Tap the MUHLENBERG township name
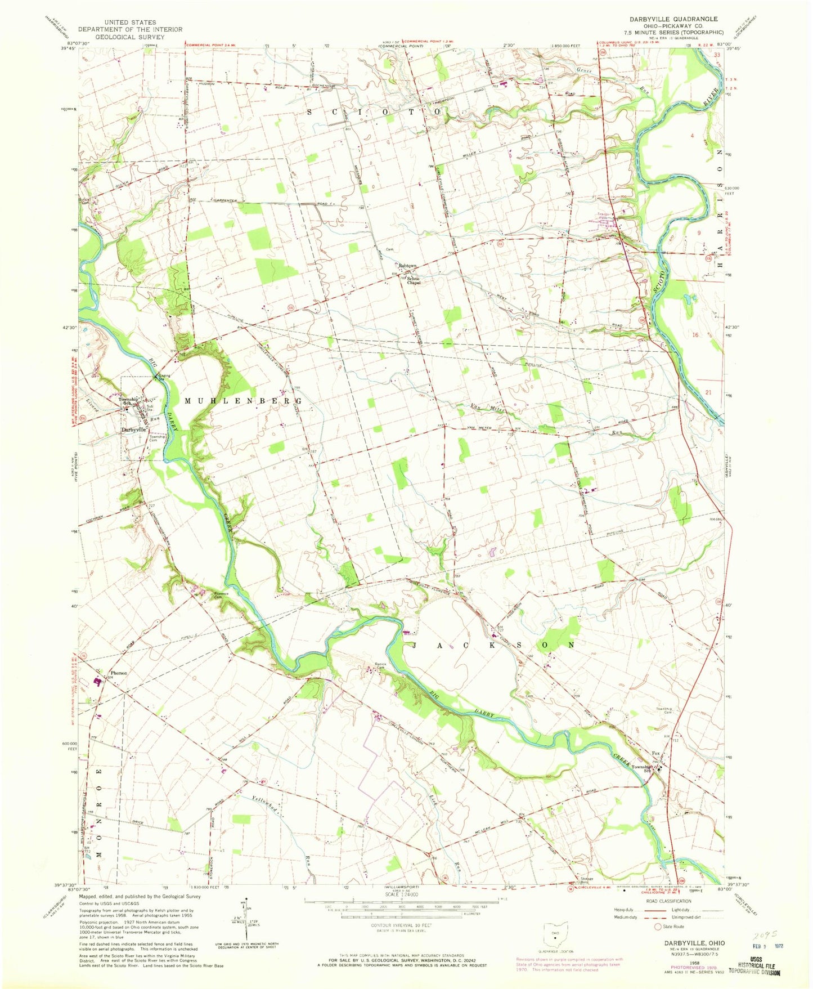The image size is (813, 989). pyautogui.click(x=243, y=401)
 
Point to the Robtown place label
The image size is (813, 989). pyautogui.click(x=407, y=266)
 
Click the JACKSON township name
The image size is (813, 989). pyautogui.click(x=494, y=645)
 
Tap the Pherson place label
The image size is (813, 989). pyautogui.click(x=119, y=673)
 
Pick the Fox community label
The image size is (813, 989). pyautogui.click(x=655, y=753)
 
